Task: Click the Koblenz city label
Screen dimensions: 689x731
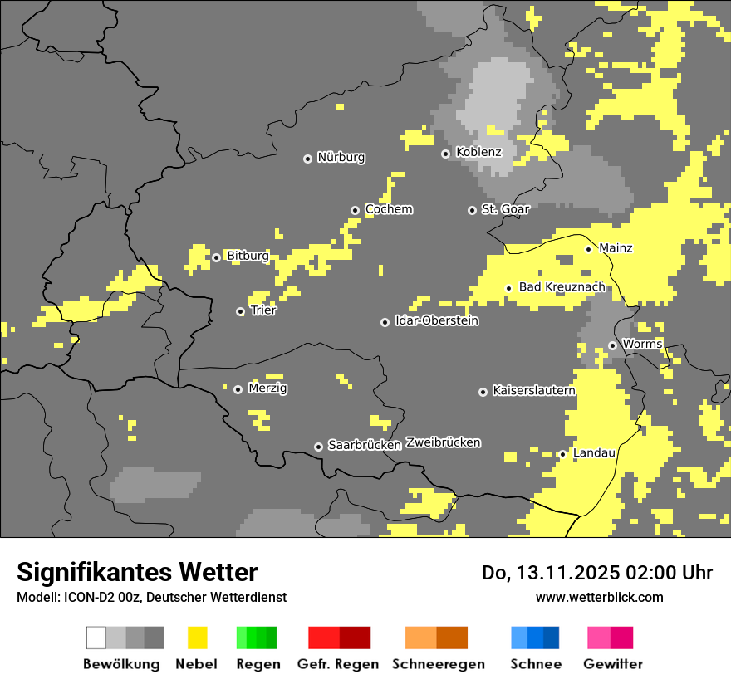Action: [x=478, y=152]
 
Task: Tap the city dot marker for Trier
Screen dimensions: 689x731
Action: [x=241, y=311]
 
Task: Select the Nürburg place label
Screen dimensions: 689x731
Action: [x=341, y=157]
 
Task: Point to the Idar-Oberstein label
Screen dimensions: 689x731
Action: [x=437, y=320]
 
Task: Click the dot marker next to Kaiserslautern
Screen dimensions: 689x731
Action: [x=483, y=392]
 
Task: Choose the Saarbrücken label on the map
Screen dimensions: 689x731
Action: [x=365, y=445]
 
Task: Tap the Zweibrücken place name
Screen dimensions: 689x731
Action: [x=443, y=442]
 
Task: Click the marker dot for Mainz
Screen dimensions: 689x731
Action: [x=588, y=249]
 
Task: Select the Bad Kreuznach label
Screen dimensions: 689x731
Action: [x=562, y=287]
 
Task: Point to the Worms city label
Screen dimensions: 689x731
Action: [x=642, y=344]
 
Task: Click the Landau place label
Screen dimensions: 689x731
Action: [x=594, y=452]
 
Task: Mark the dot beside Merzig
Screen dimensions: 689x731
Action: [x=238, y=389]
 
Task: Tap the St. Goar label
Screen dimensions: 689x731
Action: [x=505, y=209]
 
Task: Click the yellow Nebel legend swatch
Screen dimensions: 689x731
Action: [x=197, y=638]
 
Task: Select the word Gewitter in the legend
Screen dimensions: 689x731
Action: [x=613, y=664]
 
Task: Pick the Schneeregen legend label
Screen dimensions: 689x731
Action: [x=438, y=664]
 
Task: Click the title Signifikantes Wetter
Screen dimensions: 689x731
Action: [x=137, y=572]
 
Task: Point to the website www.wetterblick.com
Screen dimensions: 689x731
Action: [x=599, y=597]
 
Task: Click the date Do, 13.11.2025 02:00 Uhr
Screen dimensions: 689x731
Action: [x=596, y=573]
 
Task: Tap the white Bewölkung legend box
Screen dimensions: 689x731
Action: [x=96, y=638]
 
